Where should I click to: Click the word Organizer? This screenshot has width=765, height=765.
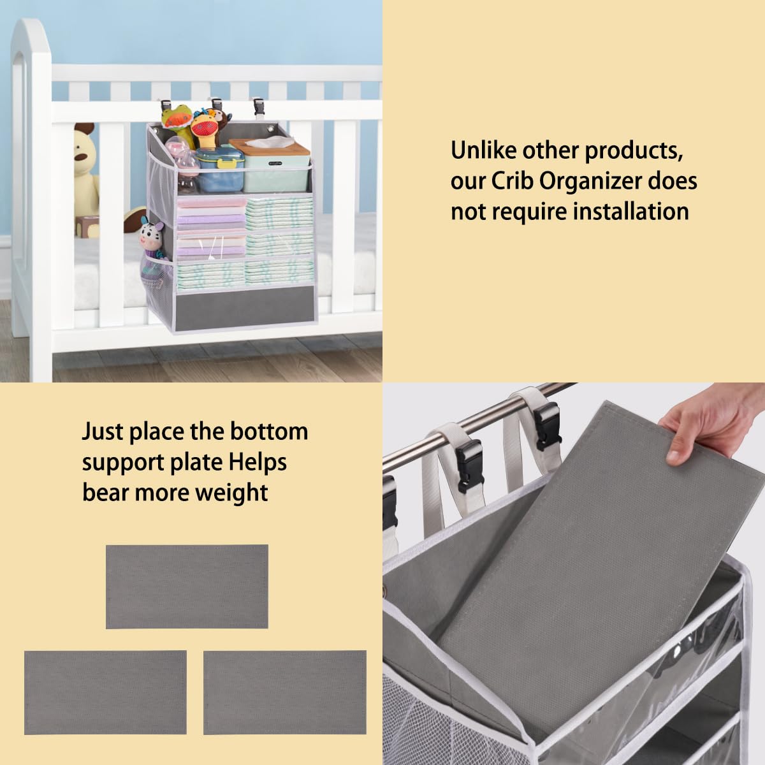591,182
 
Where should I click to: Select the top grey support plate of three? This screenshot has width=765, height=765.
187,586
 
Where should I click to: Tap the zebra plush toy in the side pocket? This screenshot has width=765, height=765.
152,240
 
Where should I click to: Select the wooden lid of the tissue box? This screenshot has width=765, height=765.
269,147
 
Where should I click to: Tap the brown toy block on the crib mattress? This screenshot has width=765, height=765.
87,227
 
